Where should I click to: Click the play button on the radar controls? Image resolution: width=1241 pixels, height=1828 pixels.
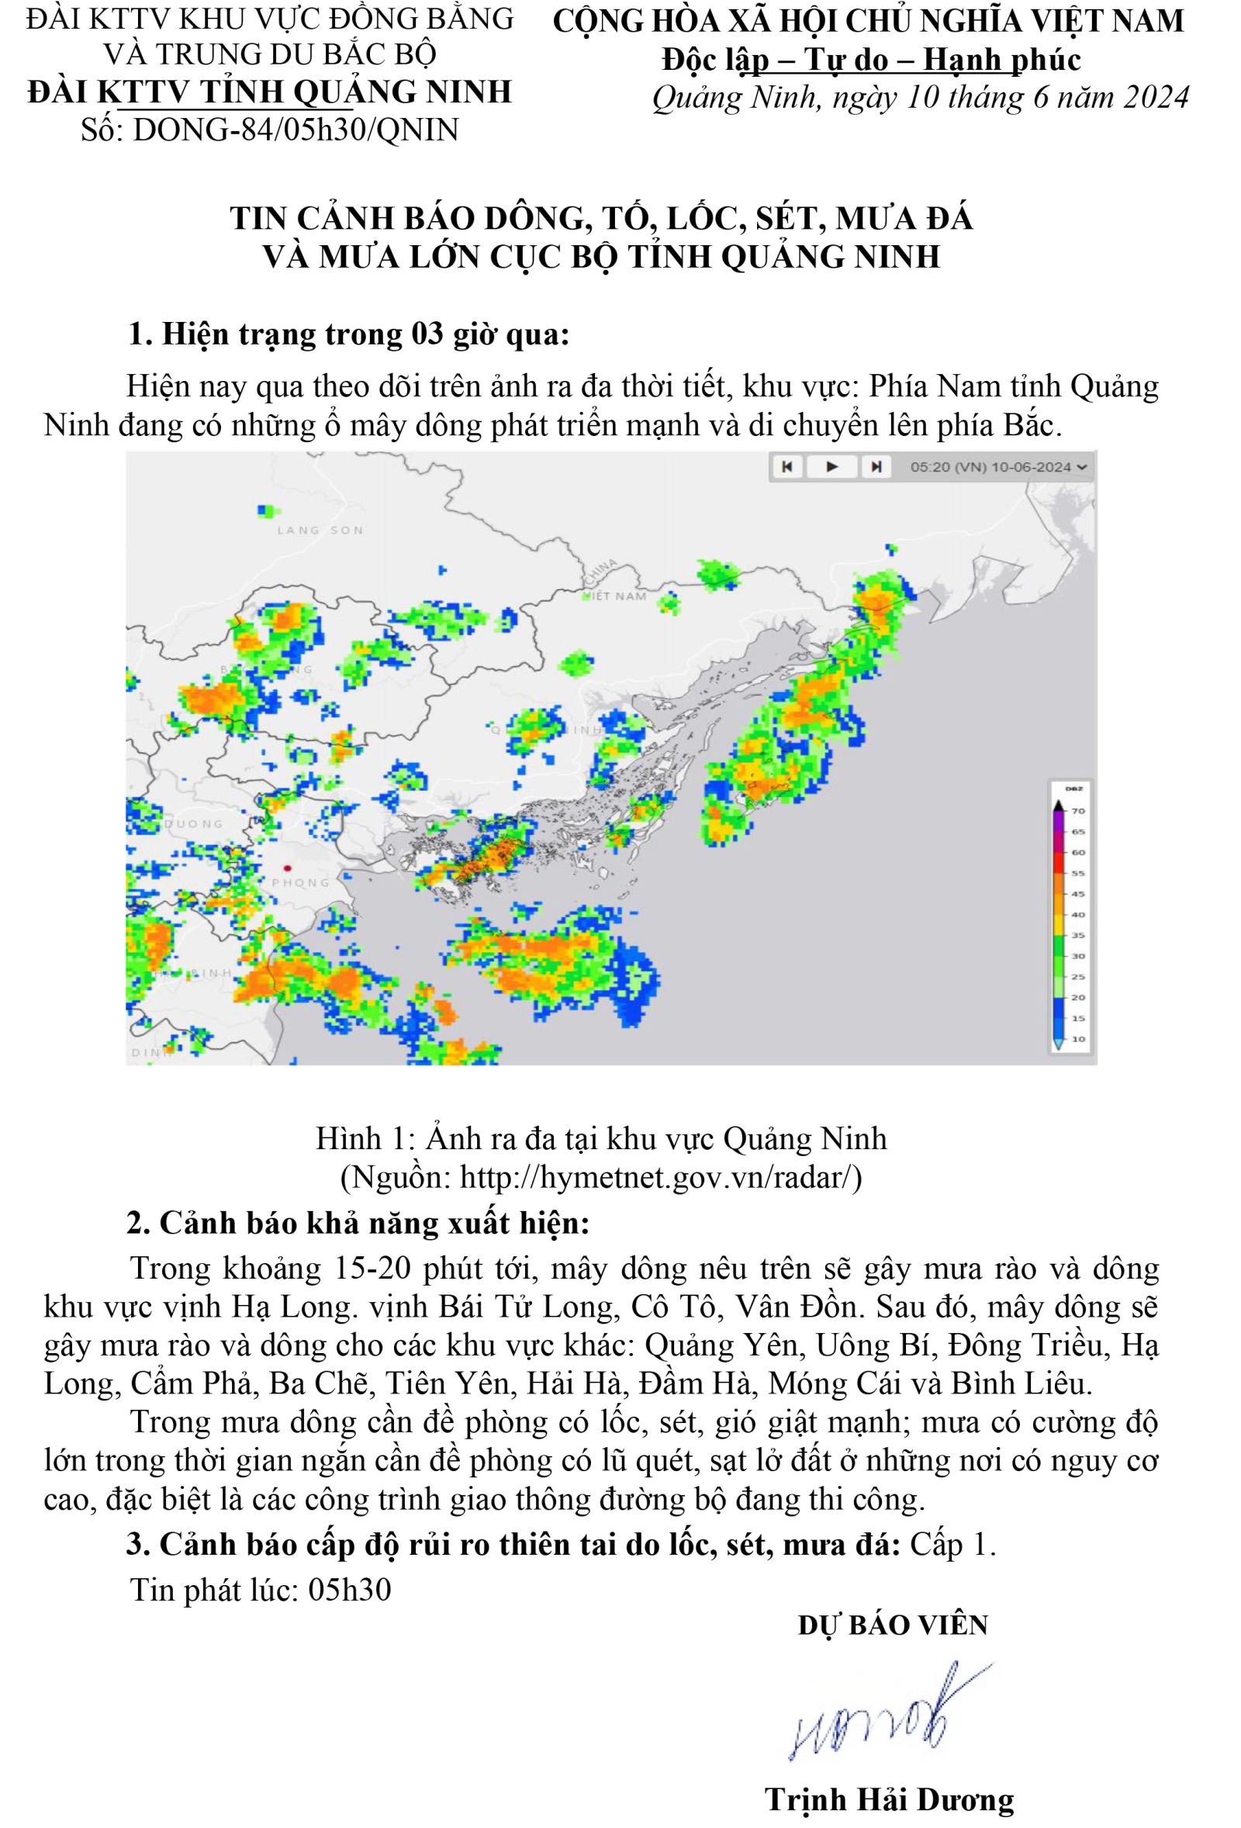pyautogui.click(x=831, y=467)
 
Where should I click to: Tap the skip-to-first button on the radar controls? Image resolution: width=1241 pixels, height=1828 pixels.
pyautogui.click(x=786, y=467)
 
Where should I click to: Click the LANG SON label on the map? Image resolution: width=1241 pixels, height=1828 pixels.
pyautogui.click(x=320, y=530)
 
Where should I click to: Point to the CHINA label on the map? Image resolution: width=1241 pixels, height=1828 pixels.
pyautogui.click(x=604, y=573)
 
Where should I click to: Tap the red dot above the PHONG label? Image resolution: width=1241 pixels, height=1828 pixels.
pyautogui.click(x=287, y=868)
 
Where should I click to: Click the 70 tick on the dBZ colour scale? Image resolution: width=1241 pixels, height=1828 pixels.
pyautogui.click(x=1078, y=811)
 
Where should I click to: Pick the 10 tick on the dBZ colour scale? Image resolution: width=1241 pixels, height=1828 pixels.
pyautogui.click(x=1078, y=1039)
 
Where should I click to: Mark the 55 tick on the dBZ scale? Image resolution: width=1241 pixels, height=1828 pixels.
pyautogui.click(x=1078, y=873)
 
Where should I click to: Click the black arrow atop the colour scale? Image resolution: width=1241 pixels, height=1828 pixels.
pyautogui.click(x=1059, y=805)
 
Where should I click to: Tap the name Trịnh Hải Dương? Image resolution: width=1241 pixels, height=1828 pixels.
pyautogui.click(x=890, y=1800)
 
